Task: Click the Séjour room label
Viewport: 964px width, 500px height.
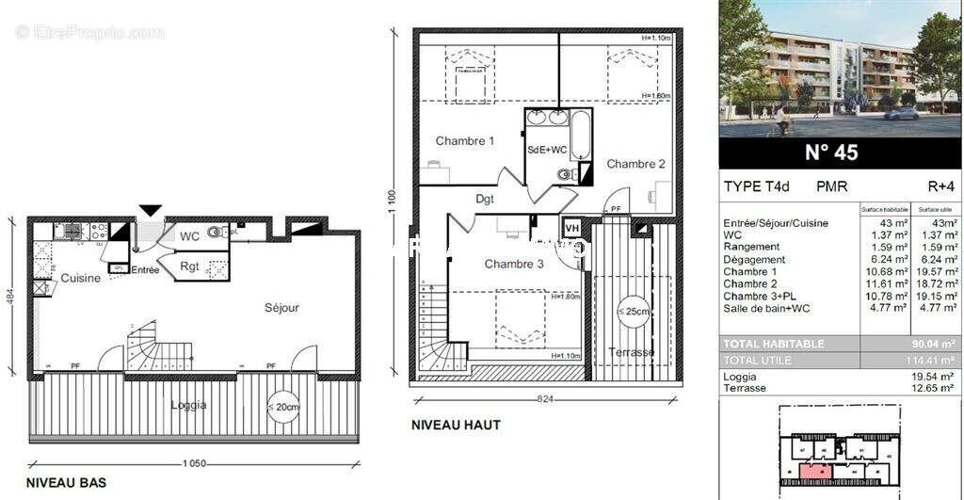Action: (x=281, y=308)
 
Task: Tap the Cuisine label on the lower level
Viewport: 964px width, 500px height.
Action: (x=81, y=278)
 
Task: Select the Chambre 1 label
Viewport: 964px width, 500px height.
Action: (x=465, y=141)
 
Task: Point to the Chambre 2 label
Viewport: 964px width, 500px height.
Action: (x=635, y=164)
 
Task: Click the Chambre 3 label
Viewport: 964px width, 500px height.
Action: (x=514, y=264)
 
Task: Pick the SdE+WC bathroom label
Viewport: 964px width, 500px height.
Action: (x=547, y=150)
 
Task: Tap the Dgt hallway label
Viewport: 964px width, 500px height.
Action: (x=485, y=199)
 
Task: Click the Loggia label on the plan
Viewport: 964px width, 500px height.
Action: (x=188, y=405)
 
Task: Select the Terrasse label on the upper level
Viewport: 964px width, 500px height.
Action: (x=631, y=352)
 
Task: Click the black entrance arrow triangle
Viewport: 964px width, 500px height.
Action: (x=151, y=212)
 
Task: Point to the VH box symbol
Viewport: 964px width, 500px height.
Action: (x=571, y=227)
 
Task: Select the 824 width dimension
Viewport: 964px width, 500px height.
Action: (x=544, y=399)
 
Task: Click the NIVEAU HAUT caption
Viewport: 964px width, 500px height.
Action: (x=456, y=425)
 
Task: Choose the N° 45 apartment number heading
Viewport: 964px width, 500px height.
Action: (x=831, y=152)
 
